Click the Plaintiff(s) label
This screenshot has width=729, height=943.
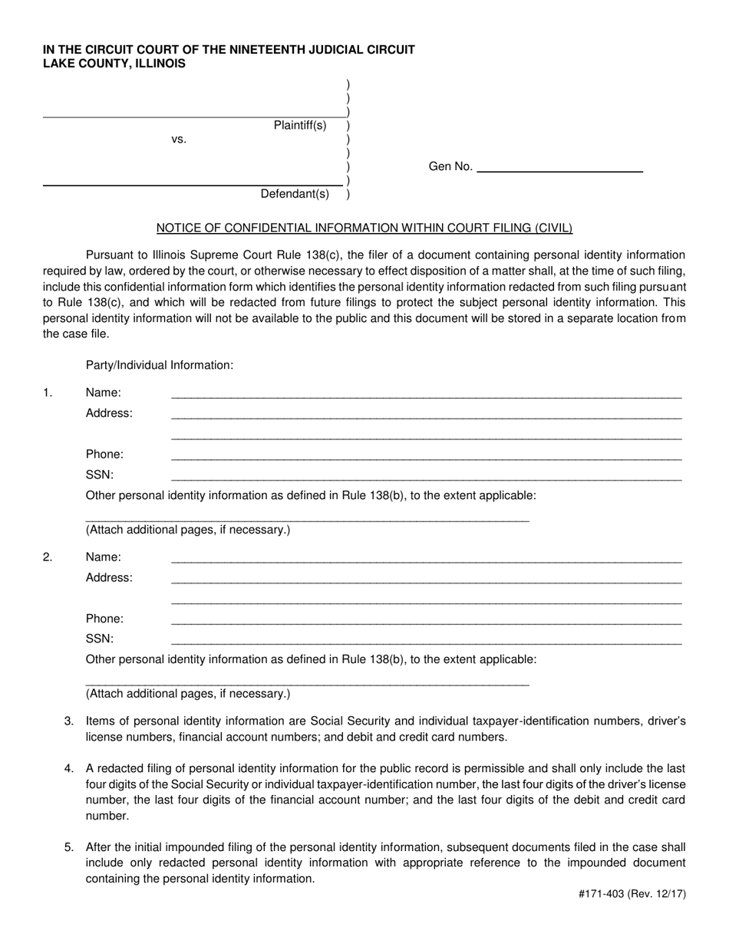[300, 126]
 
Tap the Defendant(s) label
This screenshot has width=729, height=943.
[295, 194]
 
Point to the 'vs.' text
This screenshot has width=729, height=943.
[179, 140]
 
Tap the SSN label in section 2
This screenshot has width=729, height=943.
[100, 639]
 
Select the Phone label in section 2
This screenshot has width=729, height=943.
[104, 619]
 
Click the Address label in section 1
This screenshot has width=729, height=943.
[109, 413]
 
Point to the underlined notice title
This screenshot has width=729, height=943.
[364, 228]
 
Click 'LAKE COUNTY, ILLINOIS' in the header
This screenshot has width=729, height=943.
[114, 64]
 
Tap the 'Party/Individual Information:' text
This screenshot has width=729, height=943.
[160, 366]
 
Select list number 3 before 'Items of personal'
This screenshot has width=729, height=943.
[69, 721]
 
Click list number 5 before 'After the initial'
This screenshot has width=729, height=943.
[69, 847]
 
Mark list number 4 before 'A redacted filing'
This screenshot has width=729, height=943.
[69, 768]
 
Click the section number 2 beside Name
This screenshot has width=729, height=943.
[48, 557]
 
